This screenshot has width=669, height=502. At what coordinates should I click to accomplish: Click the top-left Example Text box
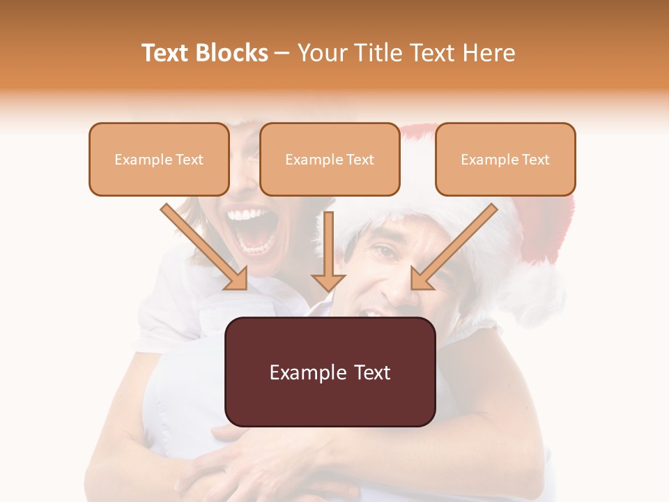[x=159, y=159]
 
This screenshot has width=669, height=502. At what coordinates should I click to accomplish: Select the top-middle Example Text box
[x=330, y=159]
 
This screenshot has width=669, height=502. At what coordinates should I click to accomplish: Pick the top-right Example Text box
[x=505, y=159]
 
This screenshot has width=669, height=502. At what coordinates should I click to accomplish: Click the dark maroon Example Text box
[x=330, y=372]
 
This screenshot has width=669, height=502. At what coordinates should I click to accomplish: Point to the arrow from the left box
[x=202, y=244]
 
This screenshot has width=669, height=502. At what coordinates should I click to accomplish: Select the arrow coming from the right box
[x=456, y=244]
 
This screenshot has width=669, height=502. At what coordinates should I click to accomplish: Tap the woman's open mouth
[x=254, y=230]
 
